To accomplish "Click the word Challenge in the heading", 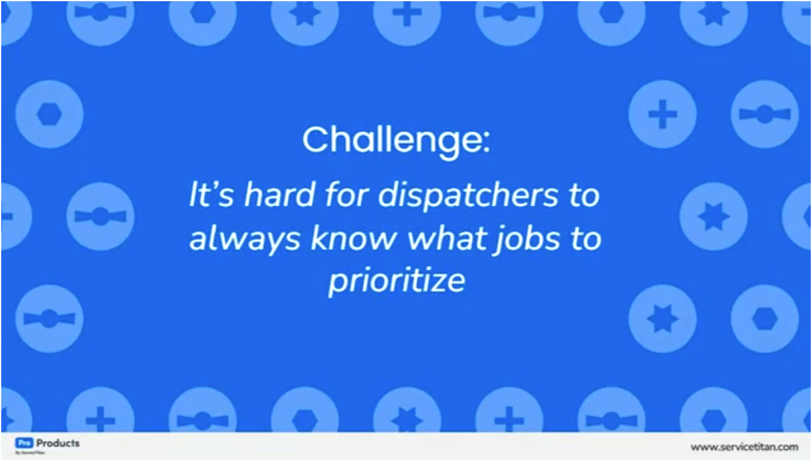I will [388, 142].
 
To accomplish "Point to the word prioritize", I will [396, 282].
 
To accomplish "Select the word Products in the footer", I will [58, 443].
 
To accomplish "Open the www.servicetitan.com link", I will [744, 447].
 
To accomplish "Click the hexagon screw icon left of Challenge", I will [49, 114].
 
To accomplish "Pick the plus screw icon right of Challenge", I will [662, 114].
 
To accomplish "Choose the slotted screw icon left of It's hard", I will [100, 216].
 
